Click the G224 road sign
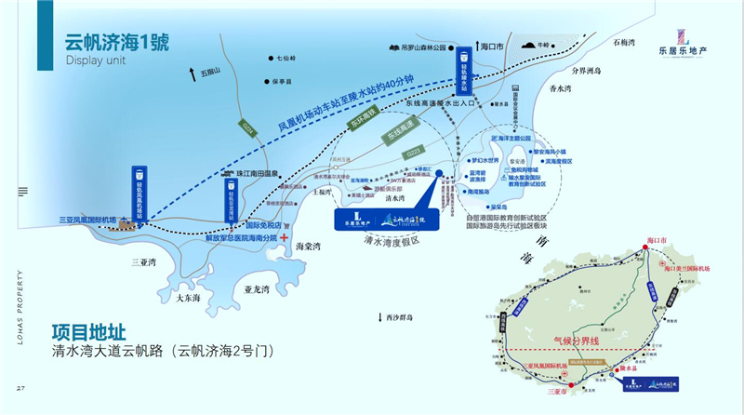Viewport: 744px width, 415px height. point(248,127)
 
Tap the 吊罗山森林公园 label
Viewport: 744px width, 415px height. point(419,46)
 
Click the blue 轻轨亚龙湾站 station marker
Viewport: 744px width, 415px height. point(232,198)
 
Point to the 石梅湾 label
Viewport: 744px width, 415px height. point(622,43)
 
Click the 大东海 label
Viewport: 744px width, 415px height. point(192,297)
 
